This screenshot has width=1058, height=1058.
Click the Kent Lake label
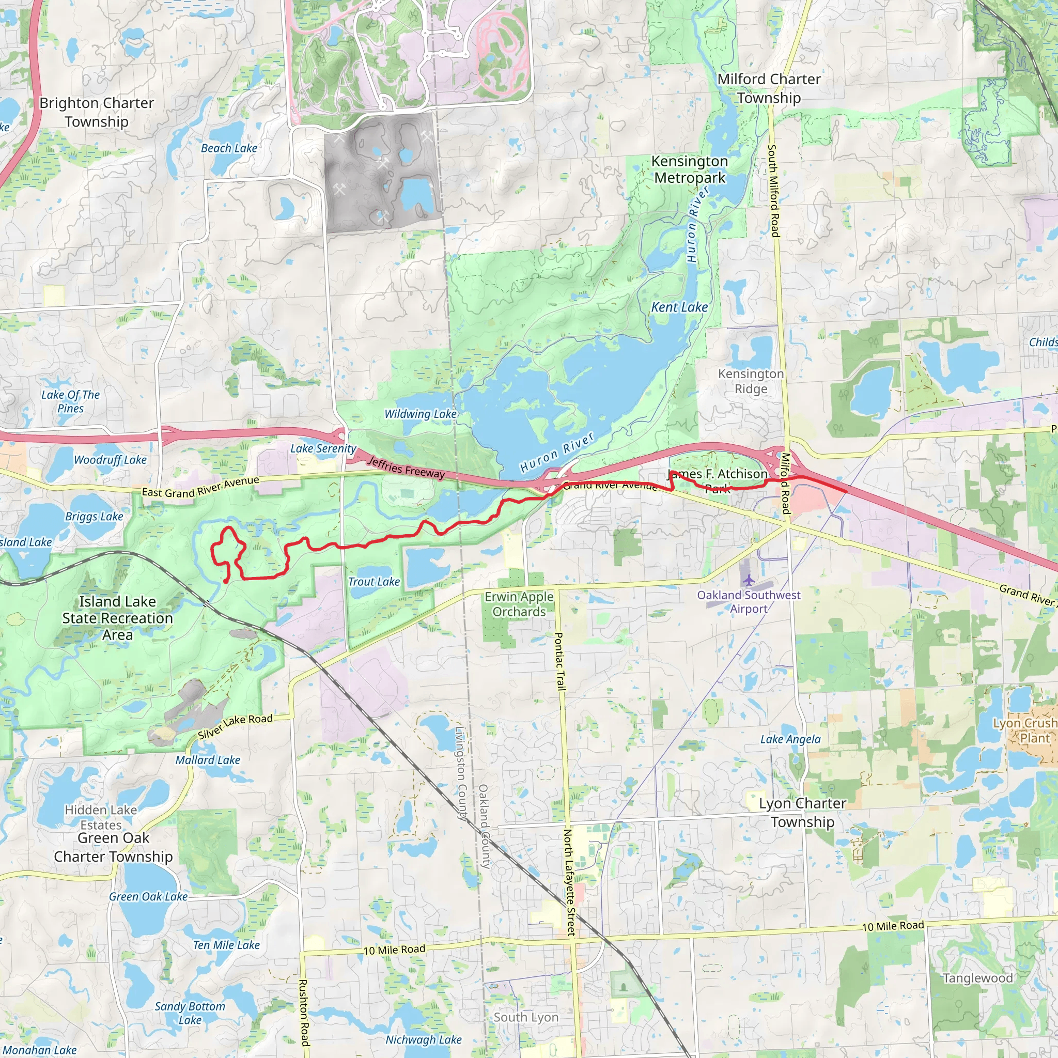pos(679,307)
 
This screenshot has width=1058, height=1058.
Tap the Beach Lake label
pos(229,148)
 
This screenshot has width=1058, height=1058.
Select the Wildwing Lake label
pos(420,414)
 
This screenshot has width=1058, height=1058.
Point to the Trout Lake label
pos(374,582)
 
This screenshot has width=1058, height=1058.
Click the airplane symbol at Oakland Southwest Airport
pos(749,580)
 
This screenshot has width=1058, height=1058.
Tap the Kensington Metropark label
pos(690,169)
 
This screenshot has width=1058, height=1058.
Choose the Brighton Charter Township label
pos(97,112)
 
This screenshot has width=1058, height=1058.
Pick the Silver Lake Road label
pos(235,727)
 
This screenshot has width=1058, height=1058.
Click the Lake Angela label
pos(790,739)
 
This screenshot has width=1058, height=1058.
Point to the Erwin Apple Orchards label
pos(519,604)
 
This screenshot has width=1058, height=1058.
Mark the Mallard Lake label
pos(208,760)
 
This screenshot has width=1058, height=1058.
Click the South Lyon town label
pos(526,1017)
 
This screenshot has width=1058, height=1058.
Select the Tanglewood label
pos(977,977)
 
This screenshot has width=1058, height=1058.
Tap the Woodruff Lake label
pos(110,460)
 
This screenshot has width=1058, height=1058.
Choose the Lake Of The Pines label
pos(71,401)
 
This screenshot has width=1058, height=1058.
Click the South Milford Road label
pos(773,191)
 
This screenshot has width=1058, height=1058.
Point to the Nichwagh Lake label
pos(423,1039)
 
